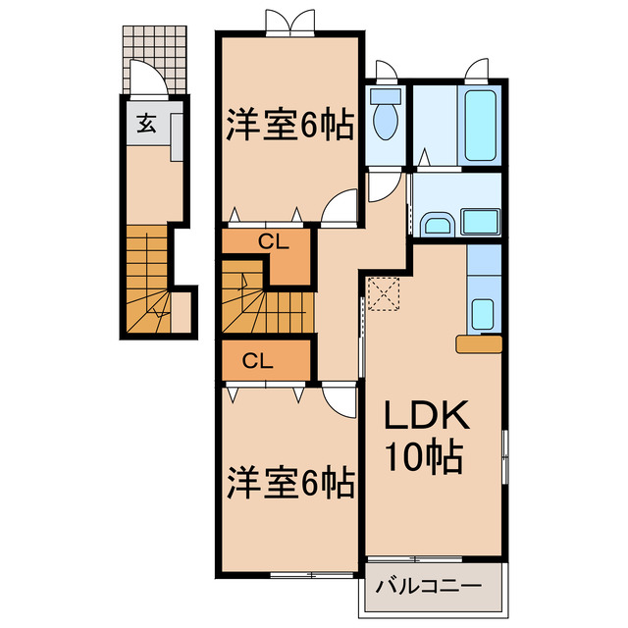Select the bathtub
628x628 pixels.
coord(480,124)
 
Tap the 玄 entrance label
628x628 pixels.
coord(145,125)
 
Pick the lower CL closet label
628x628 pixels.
coord(257,360)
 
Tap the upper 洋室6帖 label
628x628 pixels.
coord(290,125)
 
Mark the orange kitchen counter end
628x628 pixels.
coord(480,342)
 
